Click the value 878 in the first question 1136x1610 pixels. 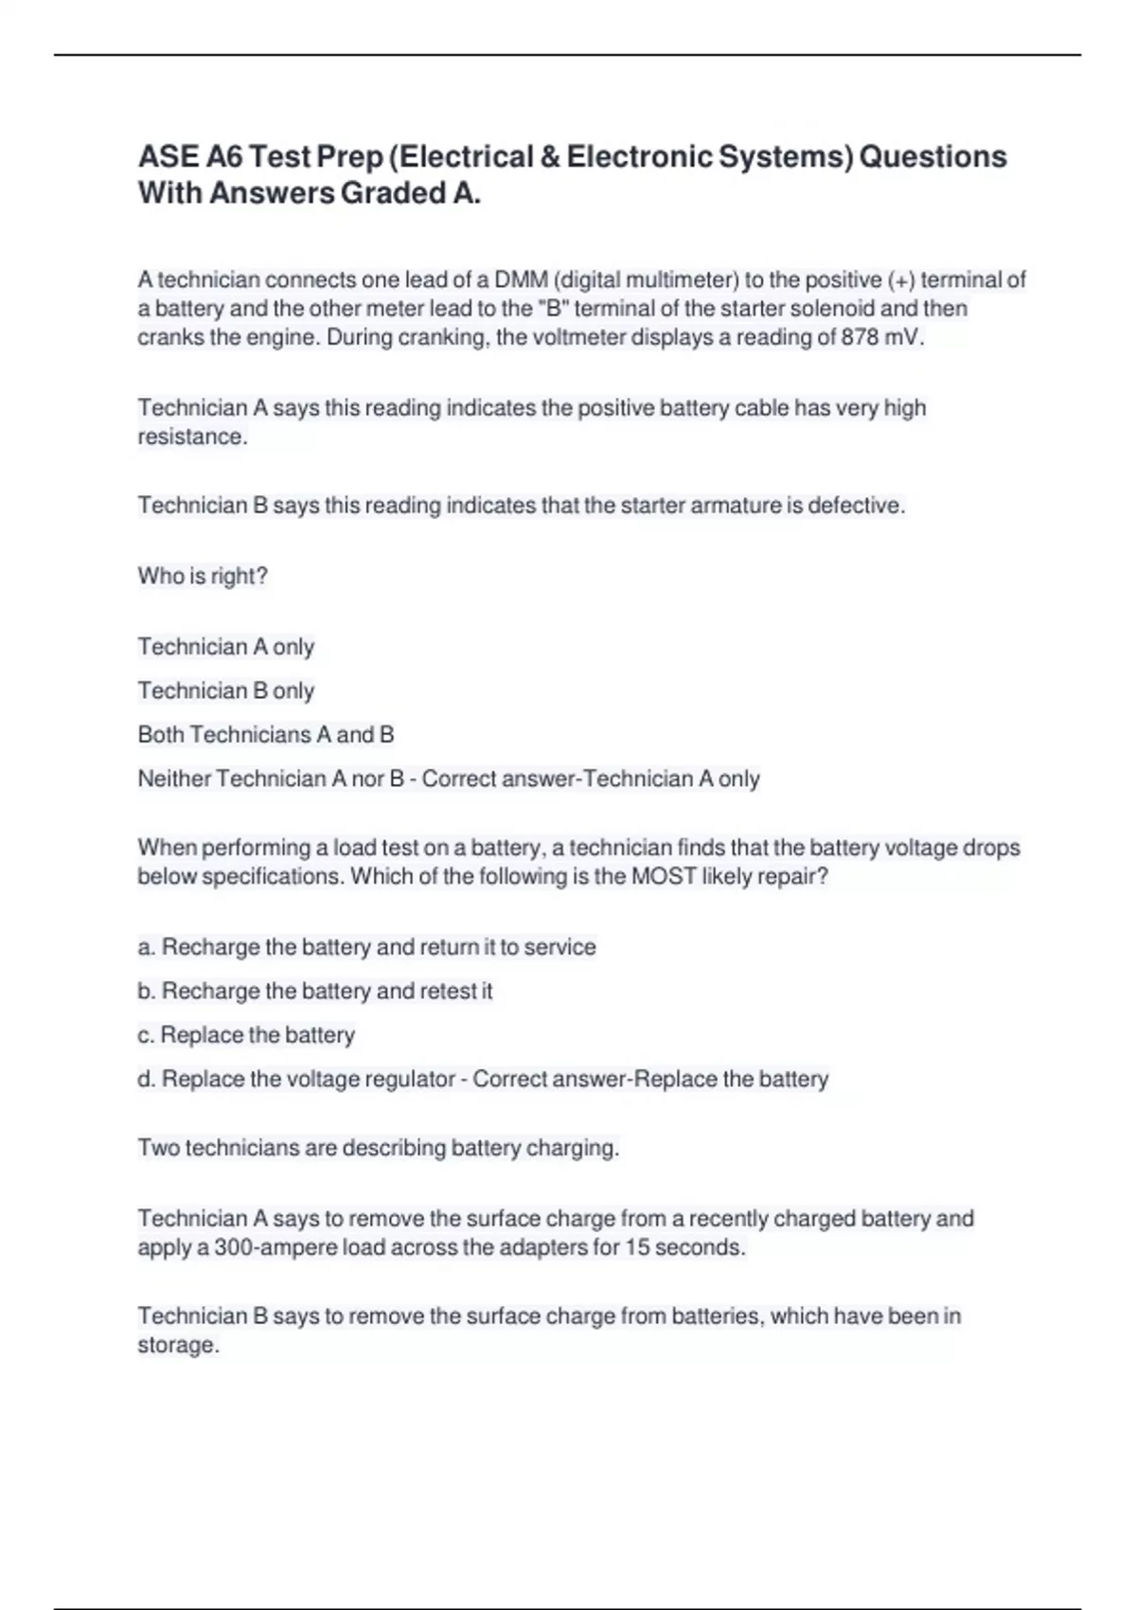coord(860,338)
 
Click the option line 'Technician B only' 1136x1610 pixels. coord(225,691)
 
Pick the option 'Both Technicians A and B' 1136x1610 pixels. coord(265,735)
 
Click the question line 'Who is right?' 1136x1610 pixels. coord(203,576)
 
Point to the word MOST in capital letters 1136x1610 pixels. coord(664,877)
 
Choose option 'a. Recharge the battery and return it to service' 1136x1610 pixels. coord(366,947)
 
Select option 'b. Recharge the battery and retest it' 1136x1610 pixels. coord(314,992)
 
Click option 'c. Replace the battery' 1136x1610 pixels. coord(246,1035)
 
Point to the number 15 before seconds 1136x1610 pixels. coord(636,1248)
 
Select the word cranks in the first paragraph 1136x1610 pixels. coord(169,338)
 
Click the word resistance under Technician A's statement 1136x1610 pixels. coord(191,438)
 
